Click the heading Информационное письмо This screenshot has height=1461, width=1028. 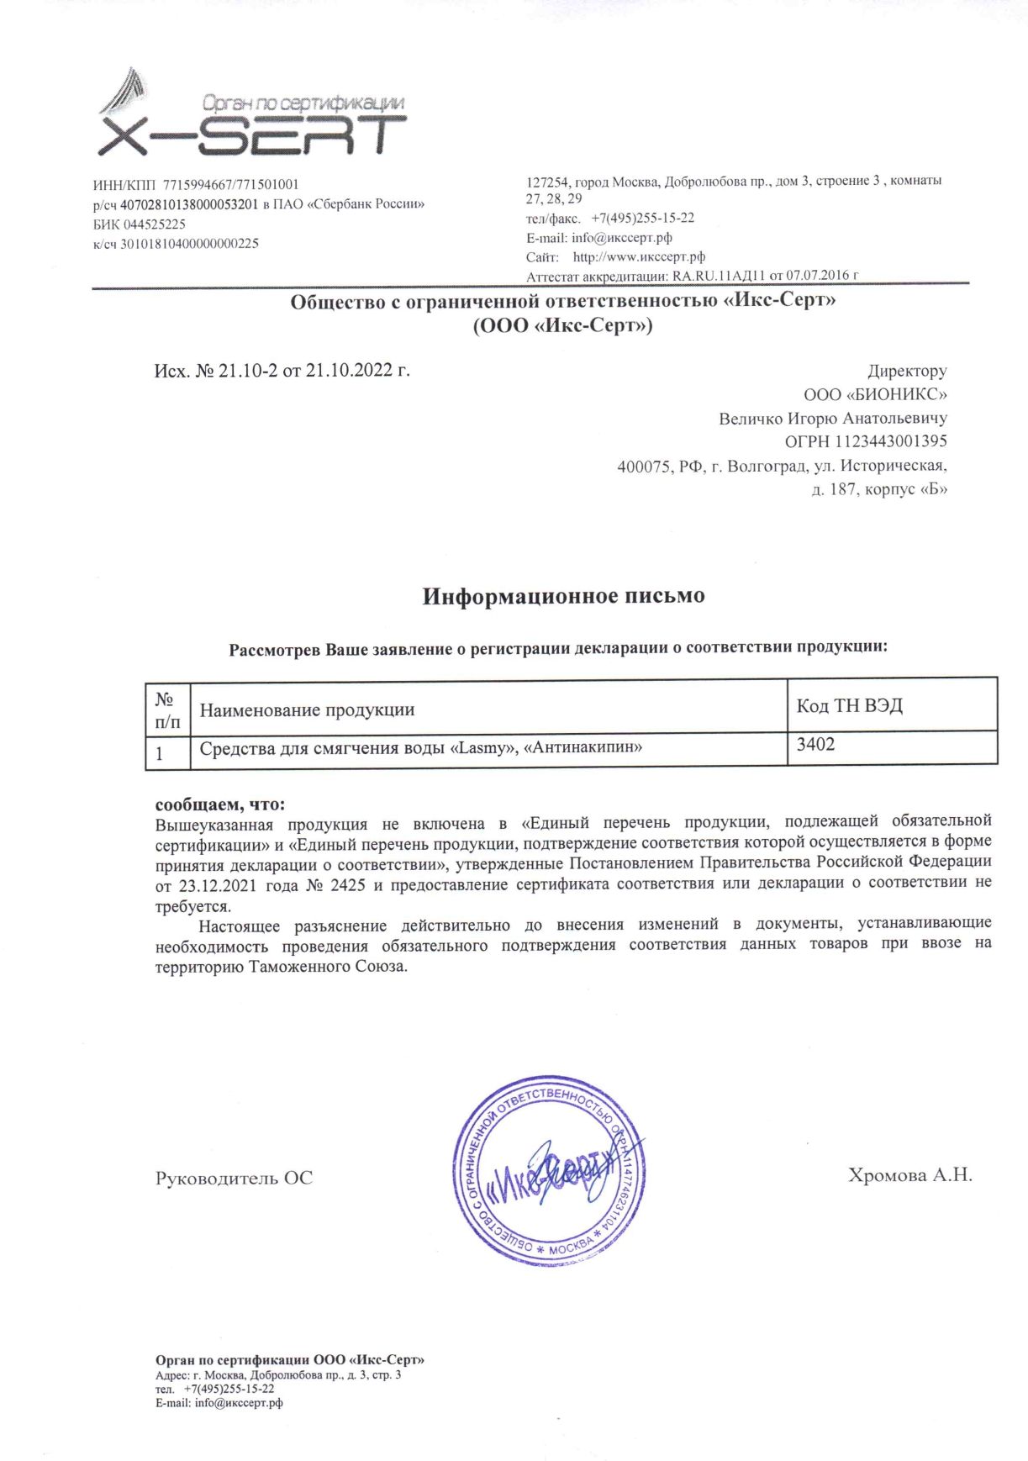click(563, 596)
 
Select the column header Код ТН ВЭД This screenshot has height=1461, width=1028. click(849, 706)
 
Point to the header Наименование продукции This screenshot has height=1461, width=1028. click(307, 709)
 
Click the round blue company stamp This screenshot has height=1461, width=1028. click(551, 1170)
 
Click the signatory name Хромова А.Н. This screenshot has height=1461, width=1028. click(909, 1175)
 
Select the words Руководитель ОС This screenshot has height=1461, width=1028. click(234, 1179)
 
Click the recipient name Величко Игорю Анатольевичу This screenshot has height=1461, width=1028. click(832, 418)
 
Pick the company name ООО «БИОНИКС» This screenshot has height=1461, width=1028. click(875, 394)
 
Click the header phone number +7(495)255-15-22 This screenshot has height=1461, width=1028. click(642, 218)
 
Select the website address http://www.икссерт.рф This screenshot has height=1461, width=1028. click(639, 257)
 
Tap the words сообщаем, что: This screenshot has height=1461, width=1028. click(220, 804)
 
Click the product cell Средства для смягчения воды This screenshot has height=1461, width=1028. click(420, 747)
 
